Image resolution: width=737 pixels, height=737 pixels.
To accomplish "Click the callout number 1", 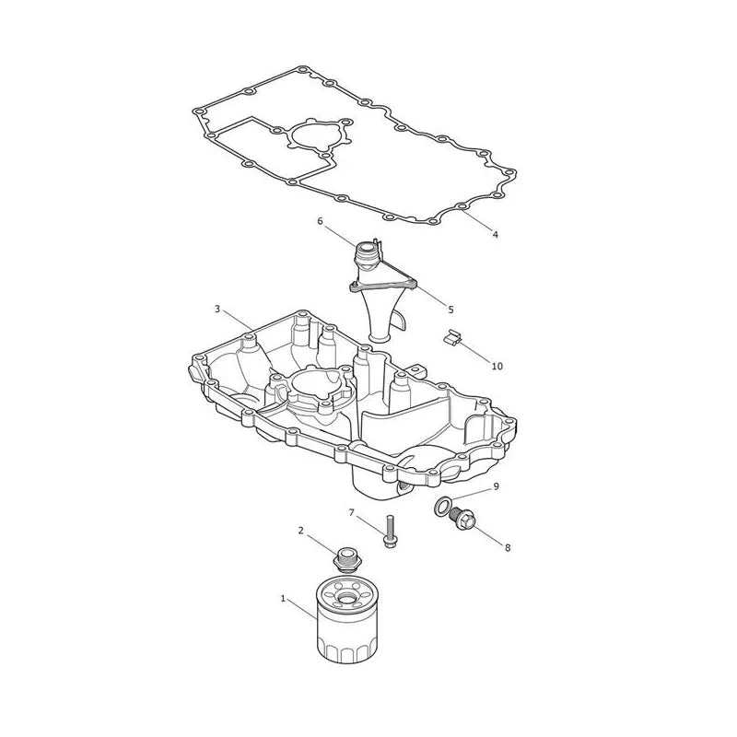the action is [x=283, y=598].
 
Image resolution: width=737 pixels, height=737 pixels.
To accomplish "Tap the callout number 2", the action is [x=301, y=531].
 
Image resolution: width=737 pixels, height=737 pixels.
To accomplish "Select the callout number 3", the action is [x=217, y=309].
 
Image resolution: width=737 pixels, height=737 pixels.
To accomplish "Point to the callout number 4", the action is [x=495, y=234].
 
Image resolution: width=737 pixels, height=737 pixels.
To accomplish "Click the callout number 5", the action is [x=450, y=310].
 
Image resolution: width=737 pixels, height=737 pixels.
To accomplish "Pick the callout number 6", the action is [x=320, y=220].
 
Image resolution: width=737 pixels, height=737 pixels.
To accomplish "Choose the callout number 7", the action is [x=352, y=512].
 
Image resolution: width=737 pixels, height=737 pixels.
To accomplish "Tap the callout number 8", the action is [x=508, y=547].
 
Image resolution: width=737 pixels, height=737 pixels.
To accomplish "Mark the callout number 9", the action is [x=496, y=486].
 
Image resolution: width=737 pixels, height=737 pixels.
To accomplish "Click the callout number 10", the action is [x=497, y=366].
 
